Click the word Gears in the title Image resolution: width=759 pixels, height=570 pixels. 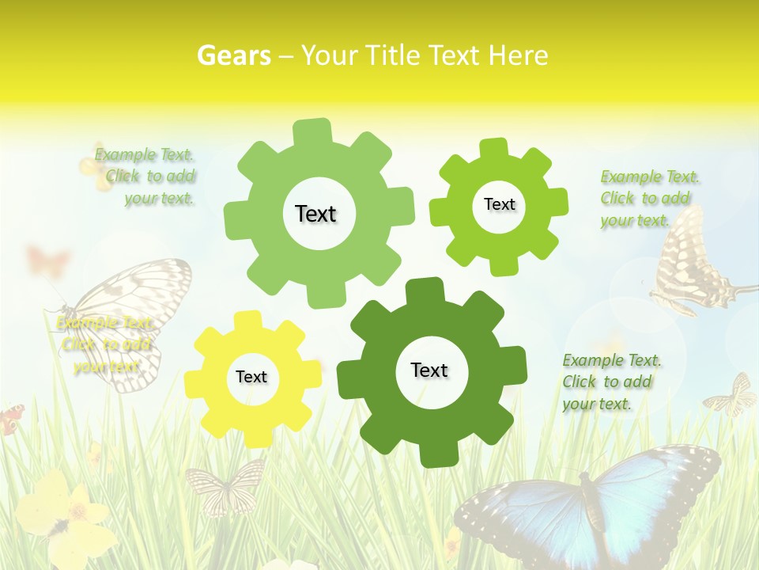234,55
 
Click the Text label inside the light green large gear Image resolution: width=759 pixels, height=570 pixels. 315,214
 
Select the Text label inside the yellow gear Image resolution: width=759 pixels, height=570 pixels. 251,378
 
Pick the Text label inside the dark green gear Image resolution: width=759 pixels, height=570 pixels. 429,370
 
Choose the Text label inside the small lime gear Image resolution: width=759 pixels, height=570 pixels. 499,204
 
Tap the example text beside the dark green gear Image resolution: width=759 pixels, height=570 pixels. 611,382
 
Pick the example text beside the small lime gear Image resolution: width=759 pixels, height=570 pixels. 649,199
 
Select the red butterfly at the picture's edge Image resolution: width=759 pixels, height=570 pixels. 10,418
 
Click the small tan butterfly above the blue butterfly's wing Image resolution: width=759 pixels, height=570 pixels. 732,395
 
